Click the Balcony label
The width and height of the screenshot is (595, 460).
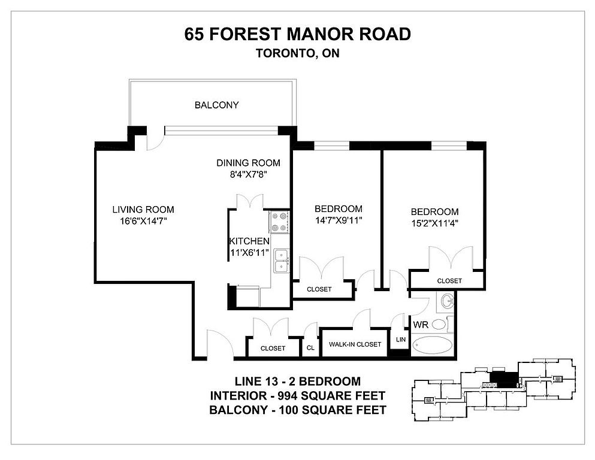(x=217, y=105)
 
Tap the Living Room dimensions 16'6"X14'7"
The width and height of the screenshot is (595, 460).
(x=144, y=221)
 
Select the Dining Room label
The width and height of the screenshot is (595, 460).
(x=248, y=163)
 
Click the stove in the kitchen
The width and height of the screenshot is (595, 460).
(x=279, y=222)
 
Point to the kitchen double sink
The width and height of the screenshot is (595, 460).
(x=281, y=261)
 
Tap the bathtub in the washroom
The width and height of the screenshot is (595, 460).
(x=433, y=346)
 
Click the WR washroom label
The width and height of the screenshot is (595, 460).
(x=421, y=325)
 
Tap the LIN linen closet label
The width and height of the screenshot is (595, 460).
(x=401, y=340)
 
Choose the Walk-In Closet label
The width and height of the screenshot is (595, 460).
(x=355, y=344)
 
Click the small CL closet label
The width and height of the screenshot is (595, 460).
(x=310, y=348)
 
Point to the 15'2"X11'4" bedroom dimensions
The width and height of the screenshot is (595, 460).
(x=435, y=223)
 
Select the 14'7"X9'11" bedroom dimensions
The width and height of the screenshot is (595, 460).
(x=339, y=220)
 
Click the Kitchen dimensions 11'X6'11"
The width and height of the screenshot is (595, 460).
(x=250, y=252)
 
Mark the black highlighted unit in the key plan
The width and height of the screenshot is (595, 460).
(x=504, y=380)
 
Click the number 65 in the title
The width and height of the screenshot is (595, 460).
(x=194, y=34)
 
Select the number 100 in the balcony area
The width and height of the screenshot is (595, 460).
(x=289, y=410)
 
